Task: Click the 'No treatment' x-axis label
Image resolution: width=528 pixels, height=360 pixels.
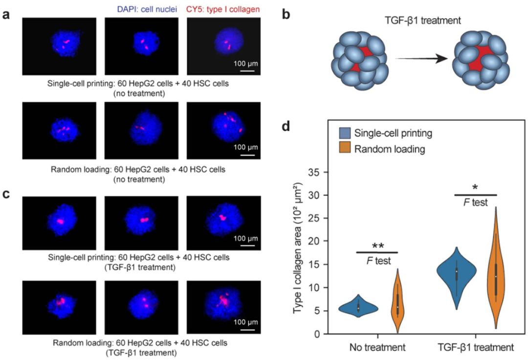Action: (378, 348)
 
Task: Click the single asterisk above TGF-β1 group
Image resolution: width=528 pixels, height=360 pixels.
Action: (475, 188)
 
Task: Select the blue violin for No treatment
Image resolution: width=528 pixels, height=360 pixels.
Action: (358, 307)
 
